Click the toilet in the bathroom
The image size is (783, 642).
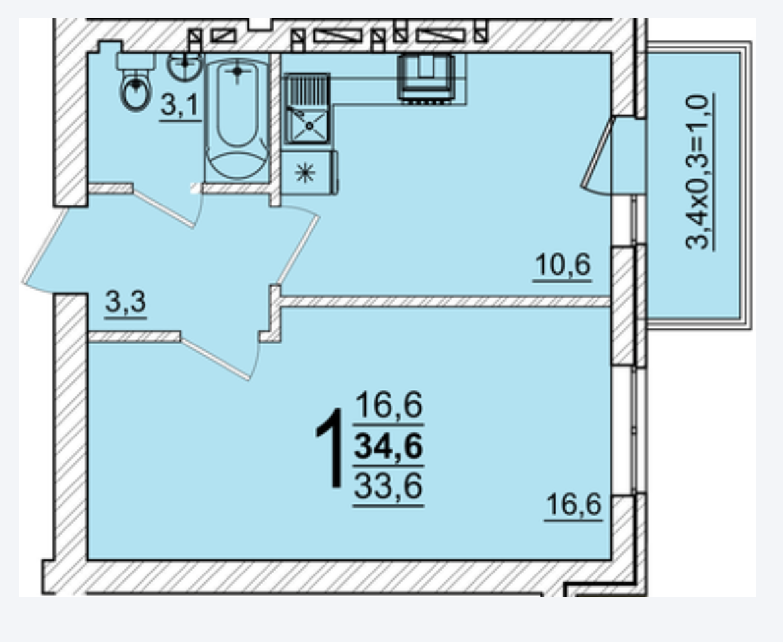click(x=136, y=81)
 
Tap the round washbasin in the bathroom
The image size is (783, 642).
click(x=185, y=66)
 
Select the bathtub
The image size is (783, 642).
click(x=237, y=118)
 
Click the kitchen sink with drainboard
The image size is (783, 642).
click(x=307, y=109)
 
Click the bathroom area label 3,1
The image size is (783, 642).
click(x=180, y=107)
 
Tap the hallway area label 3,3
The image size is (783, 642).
click(x=126, y=302)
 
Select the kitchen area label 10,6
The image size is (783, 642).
click(x=562, y=266)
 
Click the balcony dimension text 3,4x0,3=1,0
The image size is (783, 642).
click(x=698, y=171)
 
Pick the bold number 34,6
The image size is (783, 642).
click(x=388, y=445)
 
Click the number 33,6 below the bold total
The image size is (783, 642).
click(x=388, y=486)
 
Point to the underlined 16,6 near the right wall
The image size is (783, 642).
click(x=573, y=504)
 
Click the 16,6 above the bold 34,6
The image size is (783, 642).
click(x=388, y=405)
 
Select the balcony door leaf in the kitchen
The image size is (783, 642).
click(x=597, y=152)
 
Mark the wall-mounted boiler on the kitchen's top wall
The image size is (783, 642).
click(x=426, y=78)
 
